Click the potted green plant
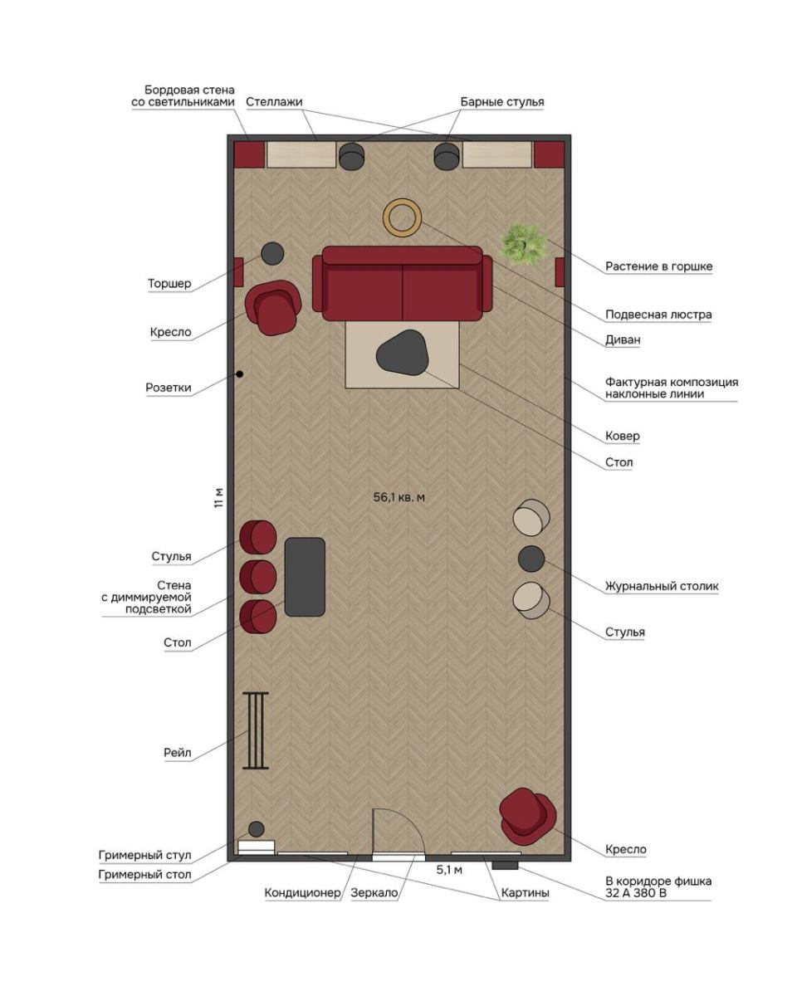pyautogui.click(x=523, y=244)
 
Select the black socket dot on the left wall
pyautogui.click(x=239, y=373)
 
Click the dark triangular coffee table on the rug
pyautogui.click(x=402, y=352)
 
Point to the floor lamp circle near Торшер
pyautogui.click(x=272, y=254)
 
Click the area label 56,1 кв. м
pyautogui.click(x=398, y=497)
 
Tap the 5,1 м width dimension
pyautogui.click(x=449, y=870)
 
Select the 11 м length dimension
pyautogui.click(x=218, y=498)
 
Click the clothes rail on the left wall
pyautogui.click(x=255, y=730)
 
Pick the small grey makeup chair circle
pyautogui.click(x=256, y=829)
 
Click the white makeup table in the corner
pyautogui.click(x=256, y=847)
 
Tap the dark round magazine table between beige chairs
pyautogui.click(x=531, y=559)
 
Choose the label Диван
pyautogui.click(x=623, y=339)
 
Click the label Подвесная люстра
pyautogui.click(x=658, y=315)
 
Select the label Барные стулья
pyautogui.click(x=502, y=102)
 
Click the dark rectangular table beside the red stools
pyautogui.click(x=305, y=577)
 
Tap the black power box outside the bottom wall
pyautogui.click(x=505, y=865)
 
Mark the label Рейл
pyautogui.click(x=178, y=753)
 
